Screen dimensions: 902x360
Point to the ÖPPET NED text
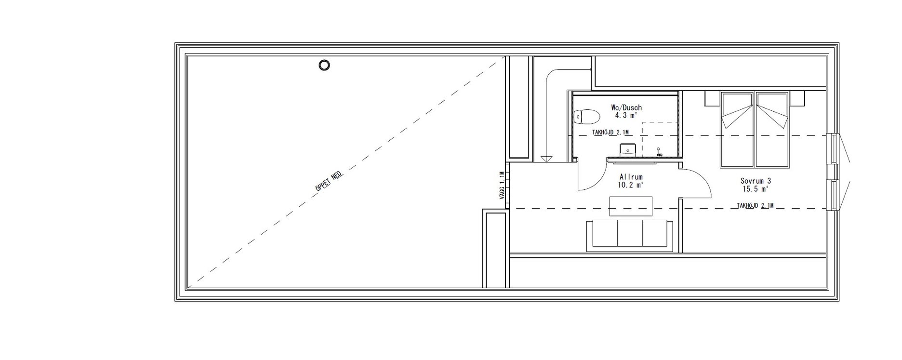pyautogui.click(x=329, y=183)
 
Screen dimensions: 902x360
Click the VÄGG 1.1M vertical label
pyautogui.click(x=502, y=186)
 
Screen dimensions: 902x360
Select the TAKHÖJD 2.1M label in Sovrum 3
pyautogui.click(x=755, y=206)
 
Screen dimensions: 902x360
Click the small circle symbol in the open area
pyautogui.click(x=325, y=65)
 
